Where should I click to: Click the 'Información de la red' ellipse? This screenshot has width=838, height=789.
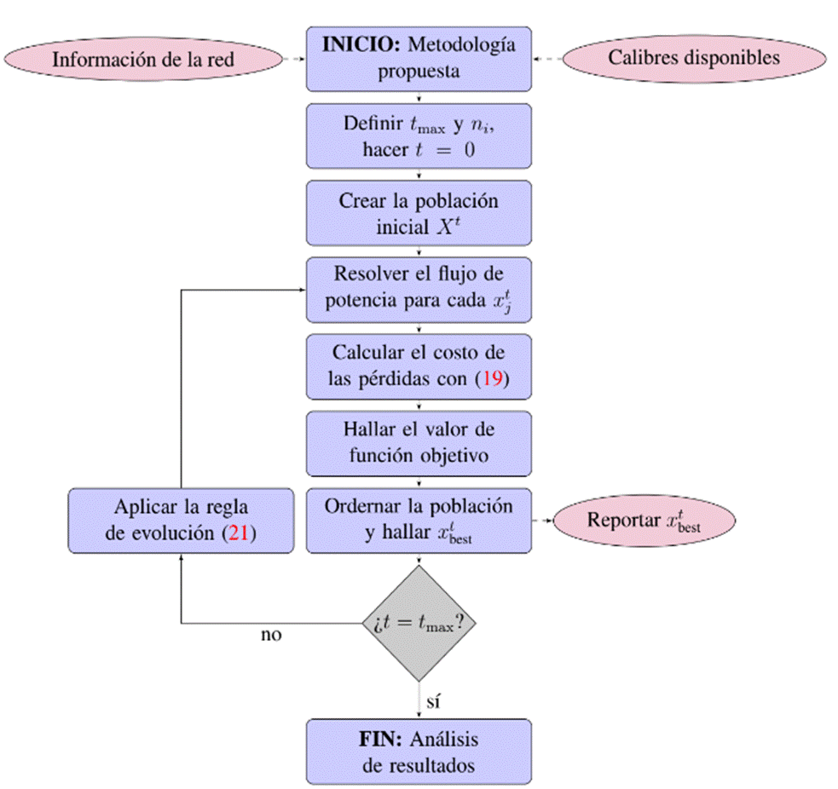pos(143,59)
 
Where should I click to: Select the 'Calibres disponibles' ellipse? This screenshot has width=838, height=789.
pos(693,58)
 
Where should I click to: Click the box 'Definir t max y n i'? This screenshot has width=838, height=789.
pos(419,135)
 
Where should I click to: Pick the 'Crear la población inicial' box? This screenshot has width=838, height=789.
pos(419,213)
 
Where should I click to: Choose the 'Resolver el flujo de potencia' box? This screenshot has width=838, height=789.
pos(419,290)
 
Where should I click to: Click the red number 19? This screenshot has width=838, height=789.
pos(492,381)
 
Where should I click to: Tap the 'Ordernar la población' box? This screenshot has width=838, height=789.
pos(419,520)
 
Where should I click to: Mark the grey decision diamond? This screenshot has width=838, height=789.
pos(419,623)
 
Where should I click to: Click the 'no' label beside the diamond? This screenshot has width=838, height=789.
pos(271,635)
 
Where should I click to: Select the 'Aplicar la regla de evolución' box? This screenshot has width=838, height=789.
pos(181,520)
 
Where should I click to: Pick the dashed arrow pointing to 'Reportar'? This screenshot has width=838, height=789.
pos(542,520)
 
